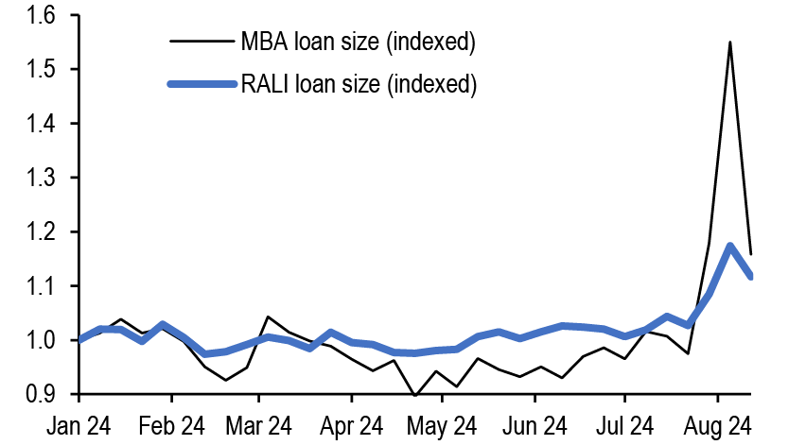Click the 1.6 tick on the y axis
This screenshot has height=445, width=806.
click(x=39, y=16)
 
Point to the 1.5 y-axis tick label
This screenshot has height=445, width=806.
click(x=39, y=70)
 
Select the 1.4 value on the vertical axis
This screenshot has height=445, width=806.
click(x=39, y=124)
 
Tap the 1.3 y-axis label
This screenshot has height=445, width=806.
click(x=39, y=179)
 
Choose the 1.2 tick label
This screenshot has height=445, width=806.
click(x=39, y=232)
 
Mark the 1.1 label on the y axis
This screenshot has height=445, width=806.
click(x=39, y=286)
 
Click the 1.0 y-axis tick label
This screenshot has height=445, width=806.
click(x=39, y=340)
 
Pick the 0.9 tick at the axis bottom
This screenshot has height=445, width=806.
click(x=39, y=394)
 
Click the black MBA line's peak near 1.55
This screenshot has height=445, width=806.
click(x=730, y=43)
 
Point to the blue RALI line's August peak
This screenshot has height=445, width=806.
click(x=730, y=247)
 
